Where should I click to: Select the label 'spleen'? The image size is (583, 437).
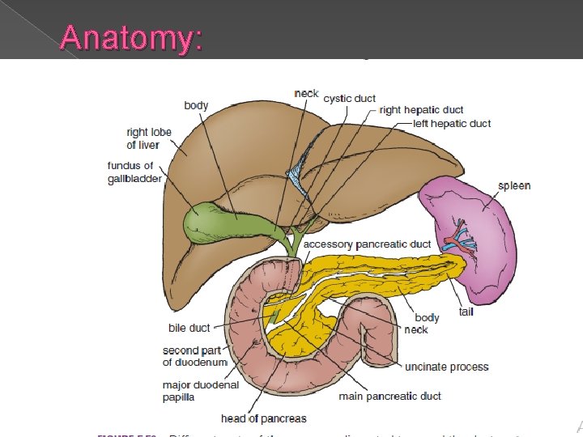(x=515, y=185)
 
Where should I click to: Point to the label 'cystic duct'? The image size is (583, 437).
(x=348, y=98)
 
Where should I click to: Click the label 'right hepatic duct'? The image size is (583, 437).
(x=421, y=109)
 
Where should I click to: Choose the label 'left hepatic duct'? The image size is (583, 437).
(x=452, y=124)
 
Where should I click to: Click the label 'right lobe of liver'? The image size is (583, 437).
(x=143, y=138)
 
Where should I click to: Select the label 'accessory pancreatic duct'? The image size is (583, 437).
(x=367, y=244)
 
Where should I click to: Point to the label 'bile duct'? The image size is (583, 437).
(x=189, y=328)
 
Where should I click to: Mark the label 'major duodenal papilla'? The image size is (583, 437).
(x=200, y=391)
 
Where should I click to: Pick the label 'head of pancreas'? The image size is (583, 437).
(x=264, y=418)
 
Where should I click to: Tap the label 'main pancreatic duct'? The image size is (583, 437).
(x=389, y=396)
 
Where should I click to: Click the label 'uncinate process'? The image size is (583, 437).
(x=447, y=367)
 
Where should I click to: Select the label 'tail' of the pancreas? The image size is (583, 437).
(x=466, y=312)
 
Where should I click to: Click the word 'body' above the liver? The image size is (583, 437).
(x=196, y=105)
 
